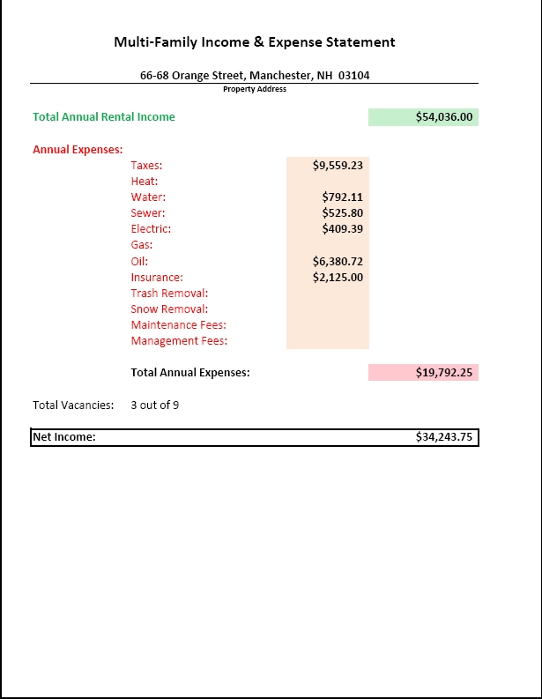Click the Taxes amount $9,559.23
(x=338, y=165)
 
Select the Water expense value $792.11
(x=343, y=197)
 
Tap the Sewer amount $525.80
(x=343, y=213)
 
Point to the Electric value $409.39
(x=343, y=229)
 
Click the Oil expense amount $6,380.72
(x=338, y=261)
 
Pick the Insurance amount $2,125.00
(x=338, y=278)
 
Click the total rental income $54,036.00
(x=444, y=116)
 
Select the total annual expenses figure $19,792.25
(x=444, y=373)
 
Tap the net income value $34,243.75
(x=444, y=437)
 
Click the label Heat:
(x=145, y=182)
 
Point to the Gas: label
(x=142, y=245)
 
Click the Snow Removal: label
(x=169, y=309)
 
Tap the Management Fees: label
(x=179, y=341)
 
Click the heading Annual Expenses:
(x=78, y=149)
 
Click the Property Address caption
(x=255, y=89)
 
